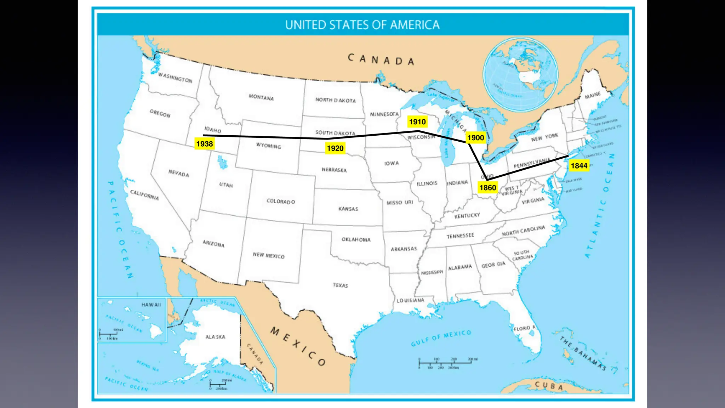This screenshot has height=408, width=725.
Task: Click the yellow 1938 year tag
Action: tap(205, 144)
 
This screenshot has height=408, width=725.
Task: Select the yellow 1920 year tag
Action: tap(335, 148)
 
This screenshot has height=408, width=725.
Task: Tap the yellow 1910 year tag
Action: tap(417, 122)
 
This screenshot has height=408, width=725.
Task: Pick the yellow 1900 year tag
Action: tap(475, 138)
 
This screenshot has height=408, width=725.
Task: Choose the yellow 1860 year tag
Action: tap(487, 188)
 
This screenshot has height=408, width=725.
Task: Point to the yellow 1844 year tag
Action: tap(579, 165)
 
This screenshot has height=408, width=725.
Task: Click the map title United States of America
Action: tap(362, 25)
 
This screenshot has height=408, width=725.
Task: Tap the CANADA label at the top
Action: tap(381, 59)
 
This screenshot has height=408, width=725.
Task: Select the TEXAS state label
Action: tap(340, 285)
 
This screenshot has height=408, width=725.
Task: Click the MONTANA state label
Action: tap(261, 97)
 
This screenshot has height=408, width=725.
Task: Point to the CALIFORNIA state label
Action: tap(144, 194)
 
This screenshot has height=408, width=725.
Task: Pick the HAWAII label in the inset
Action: tap(151, 305)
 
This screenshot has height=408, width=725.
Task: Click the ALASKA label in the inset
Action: tap(215, 337)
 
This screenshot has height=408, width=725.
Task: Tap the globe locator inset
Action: tap(520, 74)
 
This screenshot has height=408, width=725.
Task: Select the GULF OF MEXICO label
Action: tap(441, 338)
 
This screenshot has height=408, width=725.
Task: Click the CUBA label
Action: tap(548, 385)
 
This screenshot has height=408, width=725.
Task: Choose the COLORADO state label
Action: tap(280, 201)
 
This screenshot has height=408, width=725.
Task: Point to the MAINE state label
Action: tap(593, 95)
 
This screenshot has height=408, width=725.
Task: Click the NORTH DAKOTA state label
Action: tap(335, 100)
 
